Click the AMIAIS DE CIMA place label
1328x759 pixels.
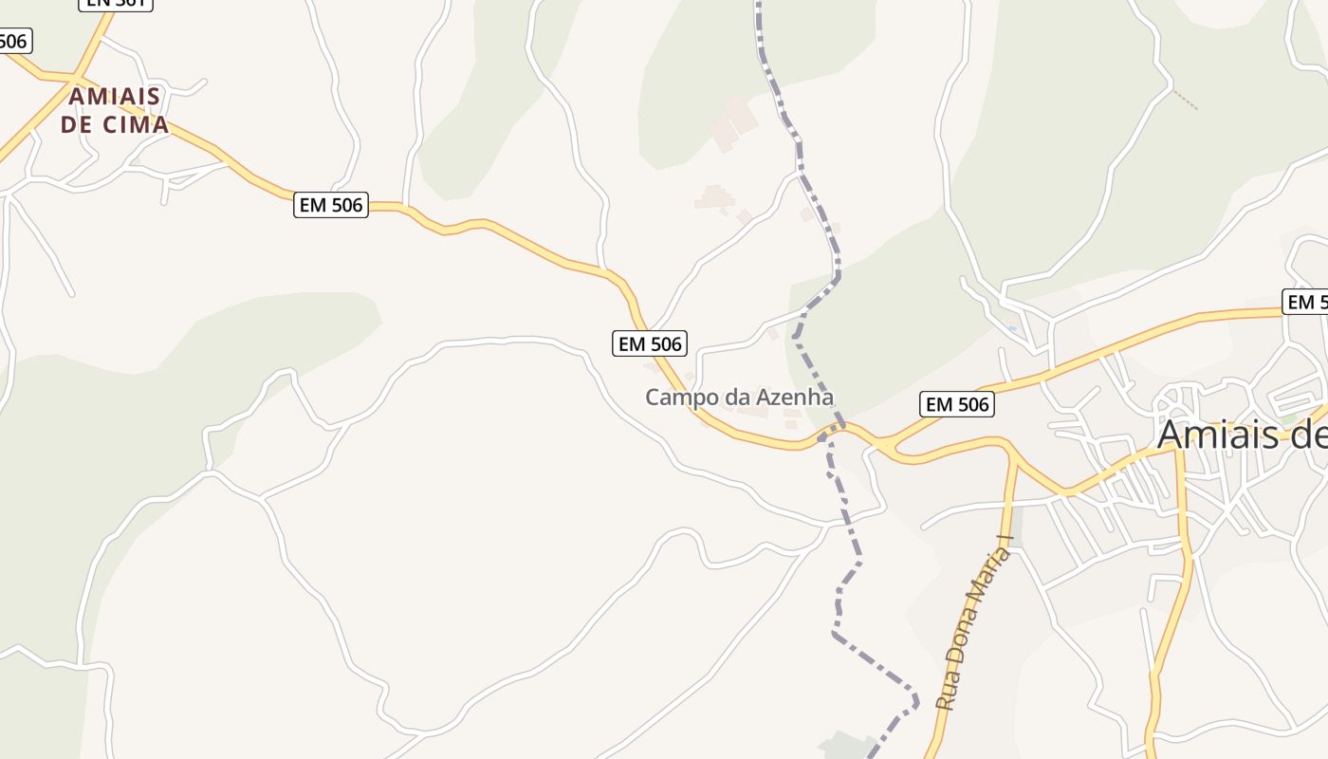(x=115, y=110)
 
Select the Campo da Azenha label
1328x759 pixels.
(x=739, y=398)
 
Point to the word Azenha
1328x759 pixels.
(x=794, y=398)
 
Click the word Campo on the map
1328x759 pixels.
(x=674, y=398)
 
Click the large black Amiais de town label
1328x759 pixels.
(x=1241, y=435)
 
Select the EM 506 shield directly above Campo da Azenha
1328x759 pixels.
(x=650, y=343)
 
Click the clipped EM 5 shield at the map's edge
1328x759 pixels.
(x=1305, y=302)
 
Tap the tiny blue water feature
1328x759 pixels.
(x=1013, y=329)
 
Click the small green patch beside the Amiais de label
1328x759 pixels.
(x=1287, y=417)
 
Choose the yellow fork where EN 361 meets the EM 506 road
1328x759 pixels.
(x=74, y=76)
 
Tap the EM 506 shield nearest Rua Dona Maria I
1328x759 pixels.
(x=956, y=405)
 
